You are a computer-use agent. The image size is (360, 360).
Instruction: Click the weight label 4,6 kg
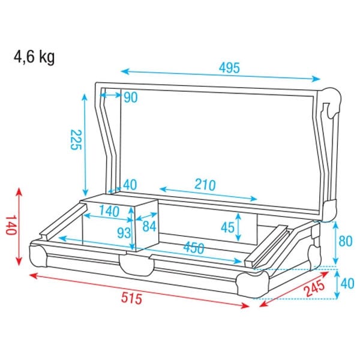coord(34,58)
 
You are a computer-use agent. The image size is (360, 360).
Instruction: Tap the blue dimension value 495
coord(229,68)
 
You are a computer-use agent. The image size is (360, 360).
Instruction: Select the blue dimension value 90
coord(131,97)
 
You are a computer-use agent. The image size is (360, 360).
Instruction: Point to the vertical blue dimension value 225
coord(76,140)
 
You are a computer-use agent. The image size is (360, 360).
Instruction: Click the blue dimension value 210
coord(205,185)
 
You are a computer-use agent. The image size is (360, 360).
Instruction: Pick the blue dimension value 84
coord(149,226)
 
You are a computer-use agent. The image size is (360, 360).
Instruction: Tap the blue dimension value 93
coord(124,233)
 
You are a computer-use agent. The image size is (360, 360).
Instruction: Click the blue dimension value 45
coord(227,228)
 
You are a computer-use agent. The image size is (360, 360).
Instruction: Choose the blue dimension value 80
coord(346,241)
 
